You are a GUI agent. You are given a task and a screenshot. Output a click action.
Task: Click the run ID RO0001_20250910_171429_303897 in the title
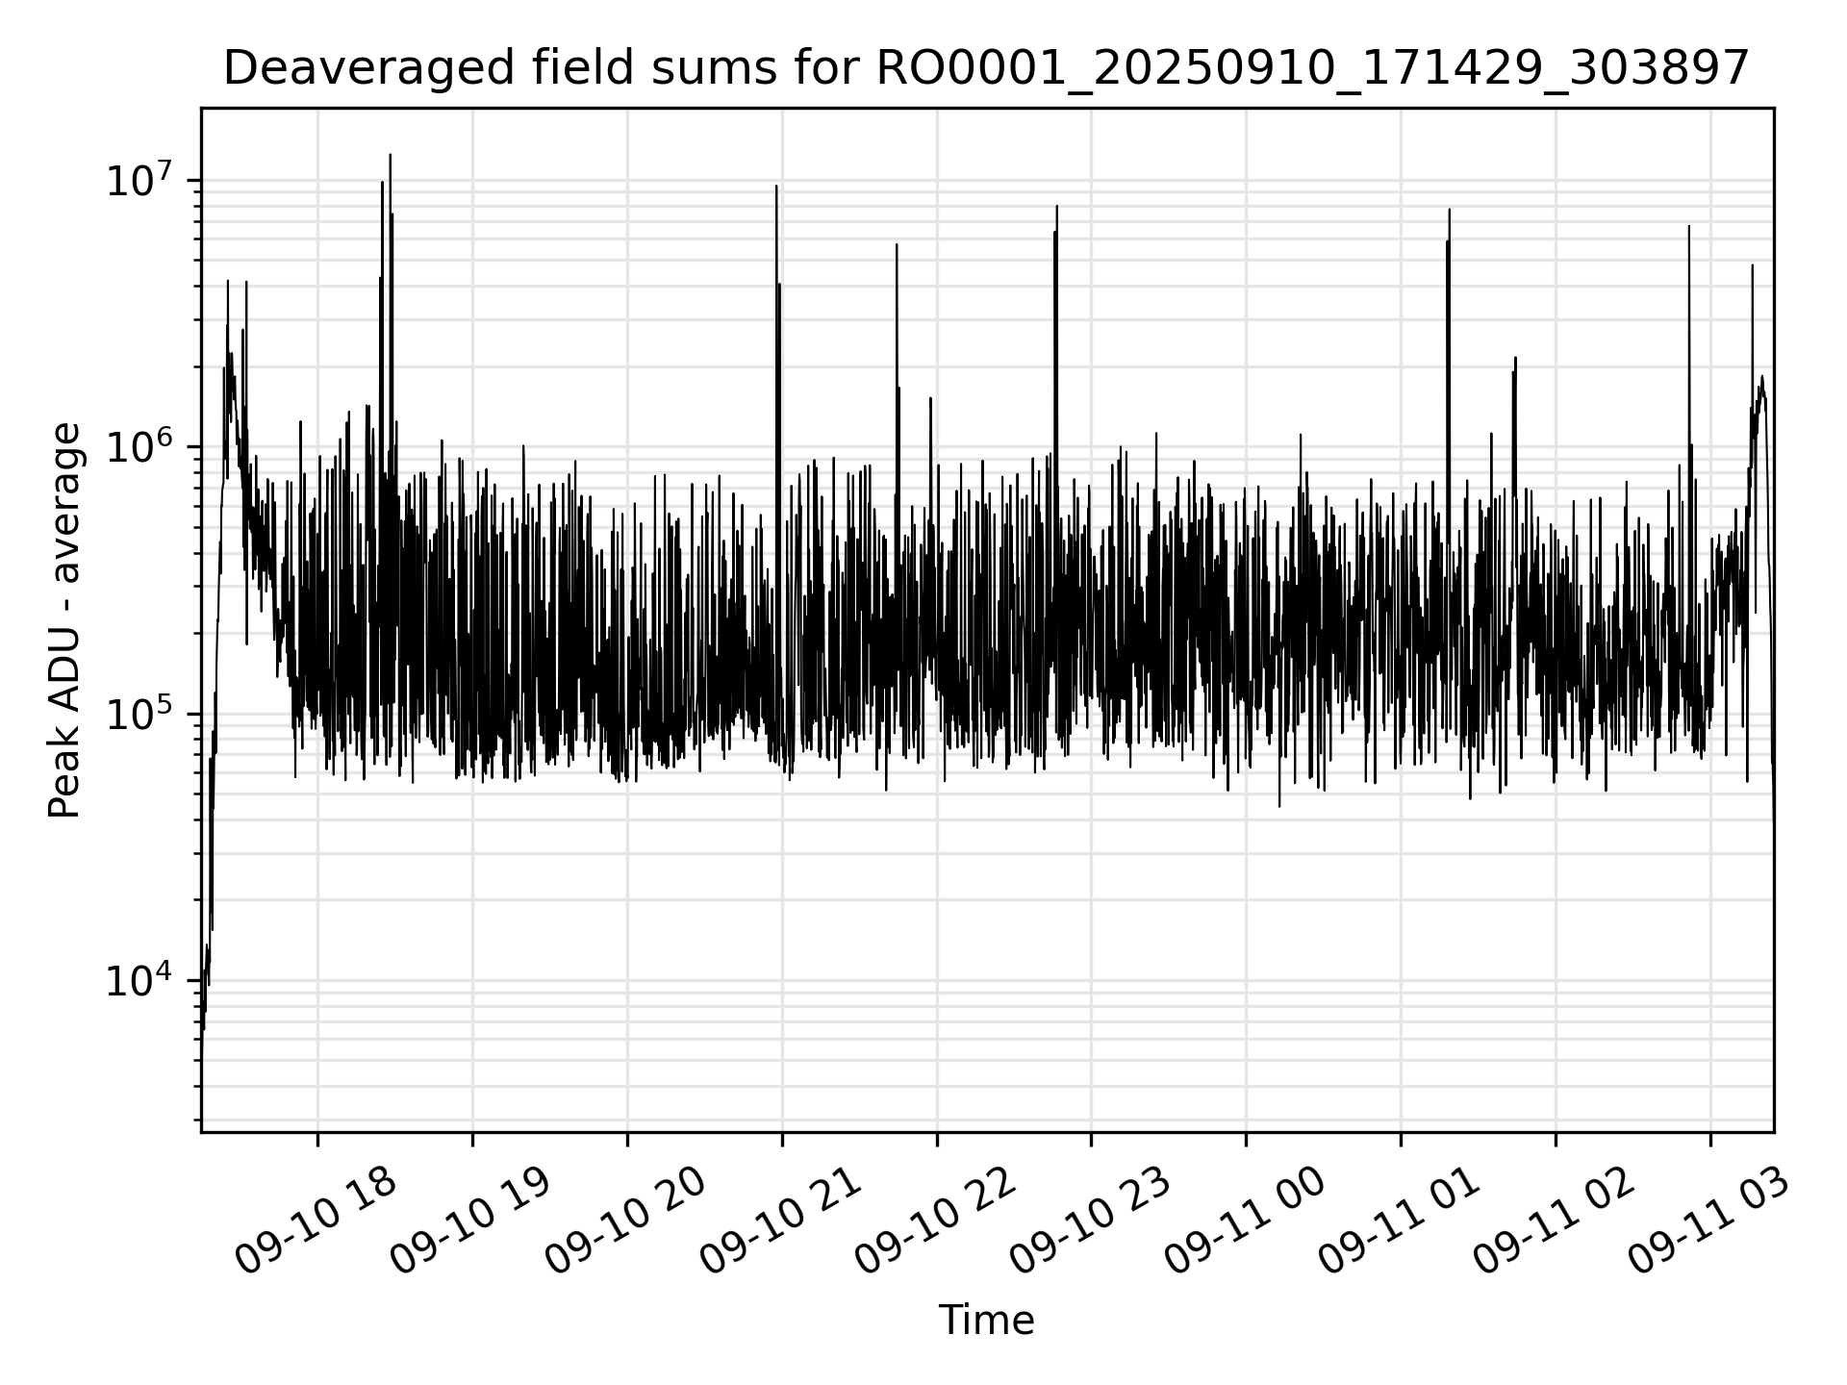[1310, 69]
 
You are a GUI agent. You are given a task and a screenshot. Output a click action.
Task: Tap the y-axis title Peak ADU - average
[64, 620]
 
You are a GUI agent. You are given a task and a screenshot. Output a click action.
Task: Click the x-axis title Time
[986, 1321]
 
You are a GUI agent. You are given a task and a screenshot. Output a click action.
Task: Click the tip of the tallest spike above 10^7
[390, 155]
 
